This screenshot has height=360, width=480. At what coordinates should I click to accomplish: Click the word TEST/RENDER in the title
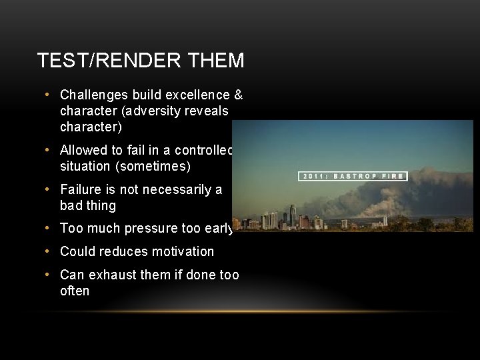coord(106,61)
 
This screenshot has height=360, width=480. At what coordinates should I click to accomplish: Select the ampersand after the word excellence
coord(238,95)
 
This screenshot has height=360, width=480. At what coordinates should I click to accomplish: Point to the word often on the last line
coord(75,291)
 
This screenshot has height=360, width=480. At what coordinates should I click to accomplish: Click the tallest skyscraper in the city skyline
coord(293,215)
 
